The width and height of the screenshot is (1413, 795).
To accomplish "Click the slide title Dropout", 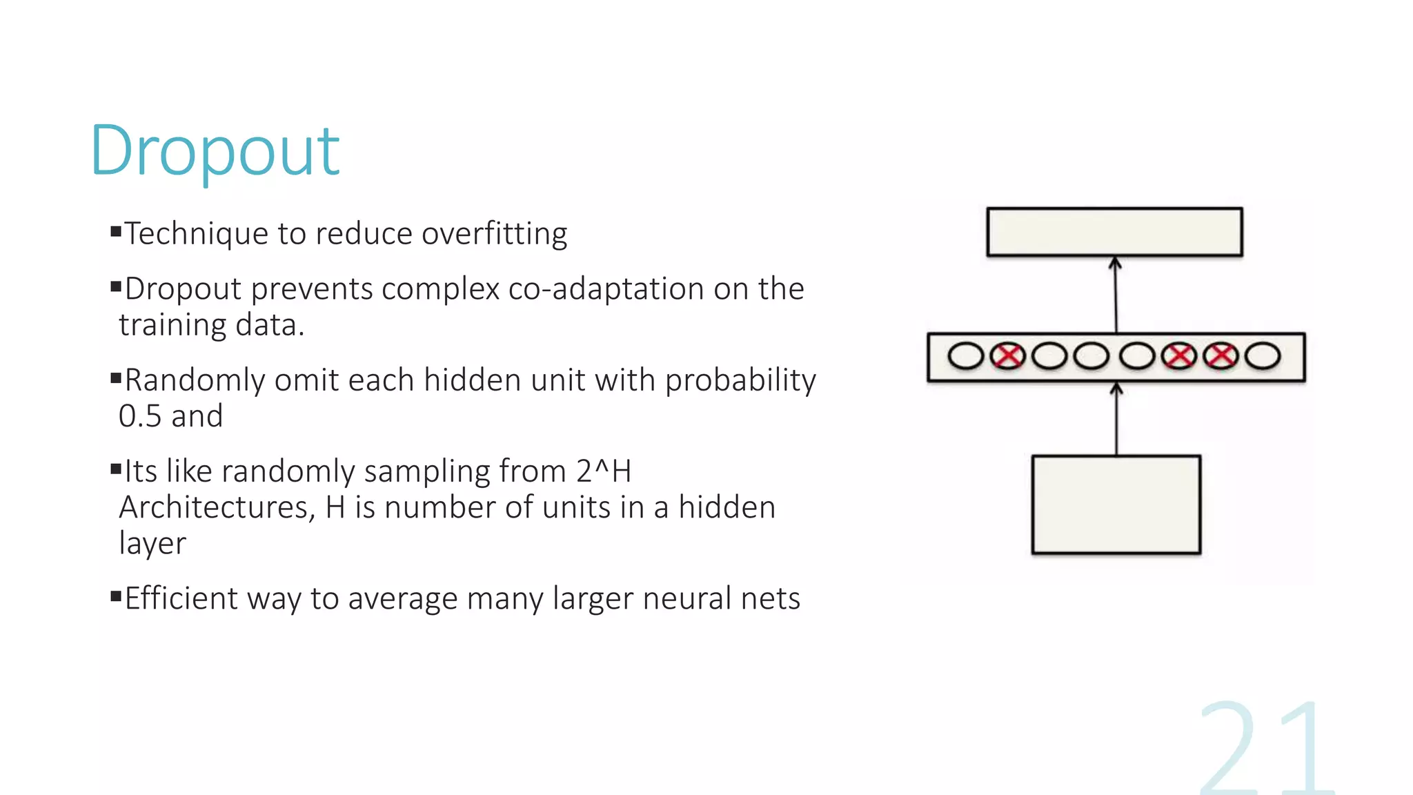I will (x=215, y=151).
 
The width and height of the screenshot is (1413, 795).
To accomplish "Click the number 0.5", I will (x=140, y=416).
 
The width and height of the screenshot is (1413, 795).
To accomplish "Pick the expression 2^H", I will (x=604, y=472).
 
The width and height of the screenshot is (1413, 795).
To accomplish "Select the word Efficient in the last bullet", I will (x=181, y=598).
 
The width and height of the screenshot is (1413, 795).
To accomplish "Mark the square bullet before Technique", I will (x=116, y=230).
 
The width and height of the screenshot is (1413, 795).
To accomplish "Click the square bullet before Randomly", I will (x=116, y=377).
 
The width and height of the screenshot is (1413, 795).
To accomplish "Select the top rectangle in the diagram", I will (x=1114, y=232).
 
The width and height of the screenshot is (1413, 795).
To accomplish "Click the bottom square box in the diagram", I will (x=1116, y=504).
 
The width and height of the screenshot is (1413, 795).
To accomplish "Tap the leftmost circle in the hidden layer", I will (x=966, y=357).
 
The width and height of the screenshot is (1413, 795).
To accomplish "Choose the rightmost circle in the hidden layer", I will (x=1263, y=357).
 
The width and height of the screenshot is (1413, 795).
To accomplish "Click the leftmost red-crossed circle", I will (x=1008, y=357).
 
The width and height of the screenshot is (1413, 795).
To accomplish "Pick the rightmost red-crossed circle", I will (x=1221, y=357).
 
